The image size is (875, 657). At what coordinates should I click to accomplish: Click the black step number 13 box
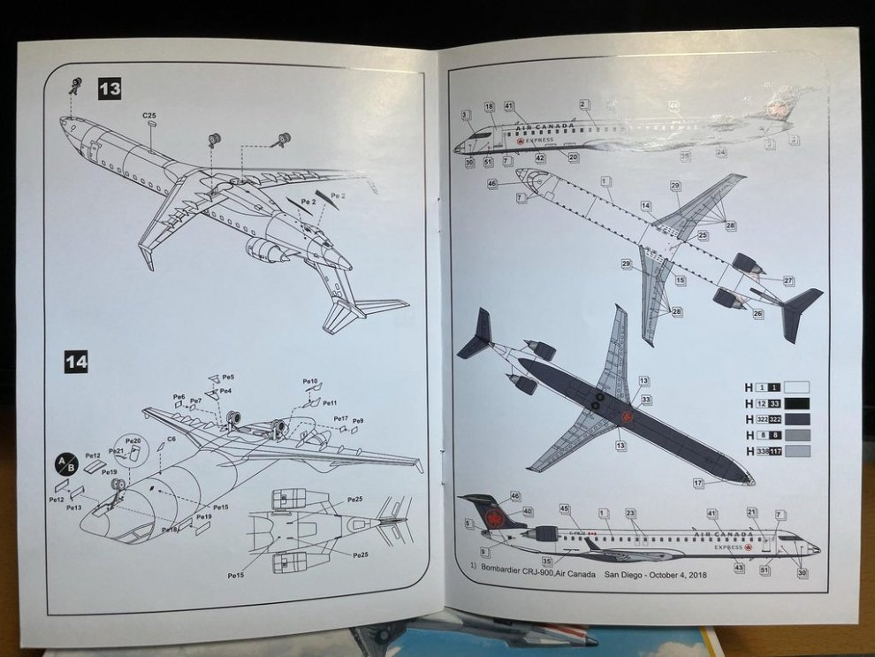110,88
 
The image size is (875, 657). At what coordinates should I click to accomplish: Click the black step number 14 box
76,361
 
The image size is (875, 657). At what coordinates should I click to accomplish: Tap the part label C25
149,116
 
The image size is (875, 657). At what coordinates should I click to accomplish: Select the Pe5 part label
228,378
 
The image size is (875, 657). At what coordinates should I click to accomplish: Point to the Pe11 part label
329,403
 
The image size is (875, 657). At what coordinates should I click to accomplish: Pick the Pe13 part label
72,508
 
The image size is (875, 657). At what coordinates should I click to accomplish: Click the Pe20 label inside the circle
133,440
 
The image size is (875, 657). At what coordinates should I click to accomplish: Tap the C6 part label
171,439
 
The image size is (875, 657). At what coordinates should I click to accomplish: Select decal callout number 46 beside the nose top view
492,184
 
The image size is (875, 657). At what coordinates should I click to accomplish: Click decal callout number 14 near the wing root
646,205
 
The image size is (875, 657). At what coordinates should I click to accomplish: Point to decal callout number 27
788,280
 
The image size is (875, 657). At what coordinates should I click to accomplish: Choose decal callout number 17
698,483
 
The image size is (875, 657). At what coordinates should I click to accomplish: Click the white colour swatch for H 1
796,386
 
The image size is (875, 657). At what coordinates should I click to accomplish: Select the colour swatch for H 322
796,418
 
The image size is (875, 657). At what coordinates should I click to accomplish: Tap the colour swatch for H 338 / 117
796,451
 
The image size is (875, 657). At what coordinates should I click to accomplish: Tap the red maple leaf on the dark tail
492,517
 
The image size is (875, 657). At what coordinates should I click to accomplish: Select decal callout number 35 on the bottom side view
547,562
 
